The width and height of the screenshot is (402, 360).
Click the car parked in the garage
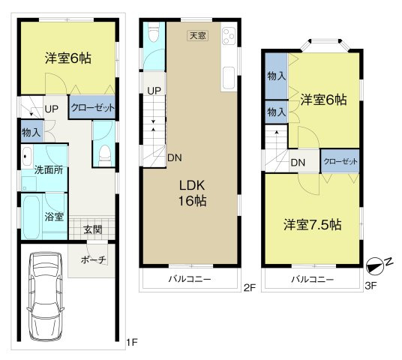(x=45, y=295)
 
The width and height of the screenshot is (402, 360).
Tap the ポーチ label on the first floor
(x=92, y=259)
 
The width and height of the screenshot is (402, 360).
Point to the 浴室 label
(x=53, y=217)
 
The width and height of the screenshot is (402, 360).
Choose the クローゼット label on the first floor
(x=92, y=108)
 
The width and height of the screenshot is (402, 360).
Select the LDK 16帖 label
(x=192, y=193)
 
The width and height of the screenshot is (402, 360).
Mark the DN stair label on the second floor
(x=174, y=157)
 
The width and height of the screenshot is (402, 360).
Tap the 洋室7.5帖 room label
(x=313, y=224)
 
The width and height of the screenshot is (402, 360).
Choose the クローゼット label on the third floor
(x=340, y=161)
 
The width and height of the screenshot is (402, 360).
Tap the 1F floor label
(x=131, y=343)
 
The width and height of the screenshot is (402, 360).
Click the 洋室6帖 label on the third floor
(x=324, y=100)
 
